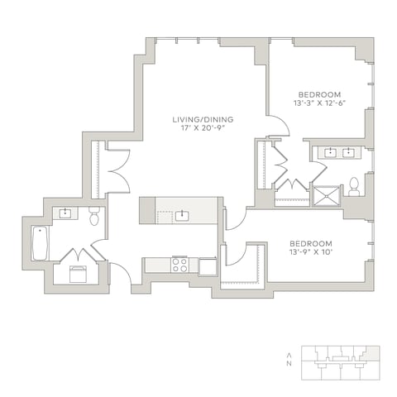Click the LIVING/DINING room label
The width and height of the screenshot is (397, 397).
pos(203,120)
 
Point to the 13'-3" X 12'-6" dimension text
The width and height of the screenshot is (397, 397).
pos(319,103)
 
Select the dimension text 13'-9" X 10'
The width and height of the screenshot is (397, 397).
pos(311,252)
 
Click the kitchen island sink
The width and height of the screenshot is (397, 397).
pos(182,216)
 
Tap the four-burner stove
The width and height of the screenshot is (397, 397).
pos(179,265)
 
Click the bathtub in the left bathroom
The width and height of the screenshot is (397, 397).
pos(40,243)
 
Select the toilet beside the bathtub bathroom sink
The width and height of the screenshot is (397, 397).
pos(94,216)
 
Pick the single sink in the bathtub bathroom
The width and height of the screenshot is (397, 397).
pos(65,213)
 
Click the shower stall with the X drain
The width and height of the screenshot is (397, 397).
pos(327,196)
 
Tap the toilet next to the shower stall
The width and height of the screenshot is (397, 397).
pos(354,187)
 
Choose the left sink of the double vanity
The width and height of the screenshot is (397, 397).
pos(330,152)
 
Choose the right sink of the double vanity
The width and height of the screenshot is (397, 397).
pos(348,152)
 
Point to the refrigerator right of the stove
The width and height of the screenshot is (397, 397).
pos(208,266)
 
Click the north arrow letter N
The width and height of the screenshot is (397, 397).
pos(289,363)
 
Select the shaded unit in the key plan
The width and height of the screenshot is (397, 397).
pos(371,353)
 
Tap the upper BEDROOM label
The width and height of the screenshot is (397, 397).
pos(319,95)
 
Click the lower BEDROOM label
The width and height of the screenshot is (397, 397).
pos(311,244)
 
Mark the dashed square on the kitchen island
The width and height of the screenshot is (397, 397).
pos(165,218)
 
